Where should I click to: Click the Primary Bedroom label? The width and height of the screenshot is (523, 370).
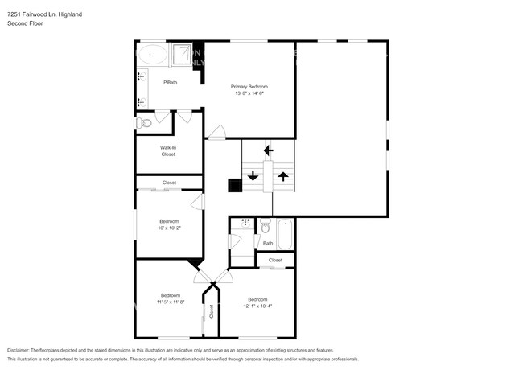[x=249, y=86]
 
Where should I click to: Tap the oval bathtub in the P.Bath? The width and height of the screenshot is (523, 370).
[x=152, y=55]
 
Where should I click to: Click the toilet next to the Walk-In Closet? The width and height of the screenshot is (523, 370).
[x=144, y=123]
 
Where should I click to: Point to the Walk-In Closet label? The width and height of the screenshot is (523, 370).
[x=168, y=150]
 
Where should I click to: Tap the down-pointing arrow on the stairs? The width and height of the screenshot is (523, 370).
[x=253, y=175]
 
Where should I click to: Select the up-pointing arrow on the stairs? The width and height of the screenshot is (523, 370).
[x=282, y=175]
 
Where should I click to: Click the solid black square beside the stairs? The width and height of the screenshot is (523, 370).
[x=235, y=186]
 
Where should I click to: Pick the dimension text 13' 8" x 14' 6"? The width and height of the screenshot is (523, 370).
[x=249, y=93]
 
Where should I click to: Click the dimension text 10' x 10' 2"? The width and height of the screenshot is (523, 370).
[x=169, y=228]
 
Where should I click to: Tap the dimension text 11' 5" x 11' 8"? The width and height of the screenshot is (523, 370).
[x=171, y=302]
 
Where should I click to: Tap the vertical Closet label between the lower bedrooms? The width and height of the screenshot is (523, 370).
[x=212, y=312]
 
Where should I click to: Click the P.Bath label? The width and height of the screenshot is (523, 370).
[x=171, y=83]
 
